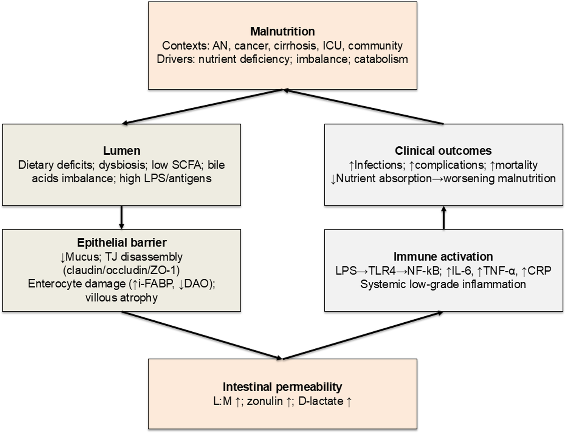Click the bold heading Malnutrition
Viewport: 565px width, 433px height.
[x=282, y=31]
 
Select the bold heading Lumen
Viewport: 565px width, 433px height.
[x=122, y=151]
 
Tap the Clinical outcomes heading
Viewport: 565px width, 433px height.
[x=443, y=151]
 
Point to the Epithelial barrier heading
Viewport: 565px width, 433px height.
[x=122, y=243]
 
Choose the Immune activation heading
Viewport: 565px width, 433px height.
[x=443, y=256]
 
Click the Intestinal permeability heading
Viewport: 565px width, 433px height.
[x=282, y=387]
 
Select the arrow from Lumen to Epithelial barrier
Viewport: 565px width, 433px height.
[x=122, y=217]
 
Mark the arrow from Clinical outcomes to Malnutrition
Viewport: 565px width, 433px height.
[x=363, y=106]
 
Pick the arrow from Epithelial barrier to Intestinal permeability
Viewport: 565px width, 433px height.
[x=202, y=335]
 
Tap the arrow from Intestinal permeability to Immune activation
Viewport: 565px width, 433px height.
[x=363, y=335]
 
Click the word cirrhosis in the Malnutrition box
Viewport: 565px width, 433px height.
[x=295, y=46]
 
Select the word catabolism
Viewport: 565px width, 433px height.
[x=381, y=59]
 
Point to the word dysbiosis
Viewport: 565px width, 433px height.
[x=122, y=165]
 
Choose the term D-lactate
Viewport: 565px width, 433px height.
[x=321, y=401]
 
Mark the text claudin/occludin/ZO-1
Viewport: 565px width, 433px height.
[x=122, y=270]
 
